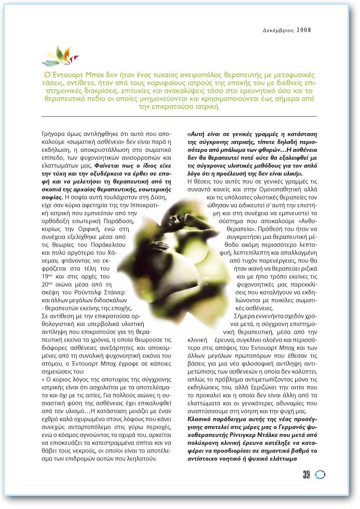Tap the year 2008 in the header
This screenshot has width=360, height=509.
304,30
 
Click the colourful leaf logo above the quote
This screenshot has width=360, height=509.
60,55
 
